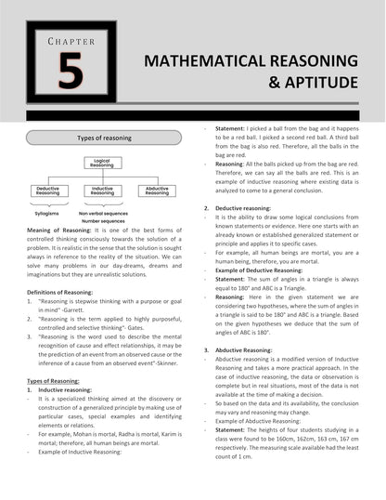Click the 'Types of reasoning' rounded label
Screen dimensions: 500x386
click(x=104, y=138)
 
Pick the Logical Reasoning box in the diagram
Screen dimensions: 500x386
click(x=102, y=164)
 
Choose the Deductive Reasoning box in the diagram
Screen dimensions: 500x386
click(x=47, y=190)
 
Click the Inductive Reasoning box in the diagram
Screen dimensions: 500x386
click(x=102, y=190)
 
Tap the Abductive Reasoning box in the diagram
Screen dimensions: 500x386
click(x=156, y=190)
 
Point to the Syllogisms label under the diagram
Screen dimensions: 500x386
click(x=47, y=212)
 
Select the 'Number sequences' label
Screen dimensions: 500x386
click(x=103, y=221)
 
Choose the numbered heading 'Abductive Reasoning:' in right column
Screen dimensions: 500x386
click(x=244, y=349)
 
